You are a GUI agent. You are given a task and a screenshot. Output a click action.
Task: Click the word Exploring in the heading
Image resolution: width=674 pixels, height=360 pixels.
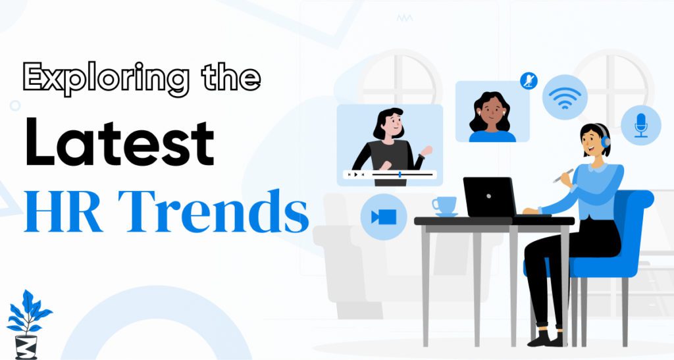[106, 78]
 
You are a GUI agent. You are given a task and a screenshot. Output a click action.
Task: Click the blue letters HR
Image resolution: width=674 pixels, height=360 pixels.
[64, 211]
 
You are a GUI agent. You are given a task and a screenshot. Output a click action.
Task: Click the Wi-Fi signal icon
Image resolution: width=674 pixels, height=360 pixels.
[564, 97]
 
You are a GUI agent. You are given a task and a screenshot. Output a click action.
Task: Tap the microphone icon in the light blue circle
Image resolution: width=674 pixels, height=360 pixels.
[641, 125]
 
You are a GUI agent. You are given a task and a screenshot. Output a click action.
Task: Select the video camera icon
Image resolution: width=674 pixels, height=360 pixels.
[384, 217]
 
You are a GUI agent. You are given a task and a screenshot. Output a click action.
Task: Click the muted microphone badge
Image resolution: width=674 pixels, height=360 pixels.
[529, 81]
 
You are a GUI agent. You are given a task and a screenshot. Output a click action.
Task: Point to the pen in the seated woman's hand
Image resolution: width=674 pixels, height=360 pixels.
[563, 175]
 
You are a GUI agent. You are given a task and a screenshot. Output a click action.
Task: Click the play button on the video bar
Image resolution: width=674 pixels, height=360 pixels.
[355, 174]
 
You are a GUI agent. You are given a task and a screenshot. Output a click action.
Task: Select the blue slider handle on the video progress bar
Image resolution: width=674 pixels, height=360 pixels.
[400, 174]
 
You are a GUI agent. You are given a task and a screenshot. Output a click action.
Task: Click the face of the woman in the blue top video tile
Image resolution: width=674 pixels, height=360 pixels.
[492, 112]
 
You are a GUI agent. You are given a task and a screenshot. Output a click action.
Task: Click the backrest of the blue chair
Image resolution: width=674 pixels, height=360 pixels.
[633, 224]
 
